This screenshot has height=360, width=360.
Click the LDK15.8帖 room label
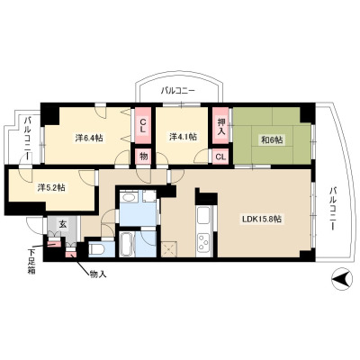pos(262,220)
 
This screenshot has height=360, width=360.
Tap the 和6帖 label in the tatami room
pos(272,139)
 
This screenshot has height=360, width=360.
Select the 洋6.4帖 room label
pos(89,139)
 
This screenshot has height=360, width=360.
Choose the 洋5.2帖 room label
pos(51,188)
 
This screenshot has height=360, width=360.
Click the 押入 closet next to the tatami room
pos(221,126)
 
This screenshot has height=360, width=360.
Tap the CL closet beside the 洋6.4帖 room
pos(143,126)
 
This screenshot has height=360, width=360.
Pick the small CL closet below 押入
pos(220,157)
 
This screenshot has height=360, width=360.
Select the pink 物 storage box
pos(143,157)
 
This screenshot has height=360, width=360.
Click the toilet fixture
pos(97,248)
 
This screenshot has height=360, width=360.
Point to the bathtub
pos(127,244)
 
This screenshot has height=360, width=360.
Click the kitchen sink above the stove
pos(203,215)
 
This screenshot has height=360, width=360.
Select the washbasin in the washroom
pos(130,198)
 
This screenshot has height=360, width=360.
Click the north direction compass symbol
pos(342,279)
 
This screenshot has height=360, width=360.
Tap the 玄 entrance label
pos(62,224)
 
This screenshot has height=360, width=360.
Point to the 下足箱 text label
pos(31,260)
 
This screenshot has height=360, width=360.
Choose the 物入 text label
pos(98,274)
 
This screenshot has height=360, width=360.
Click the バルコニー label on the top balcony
pos(178,90)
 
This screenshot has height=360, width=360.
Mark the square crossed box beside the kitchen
pos(169,249)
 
